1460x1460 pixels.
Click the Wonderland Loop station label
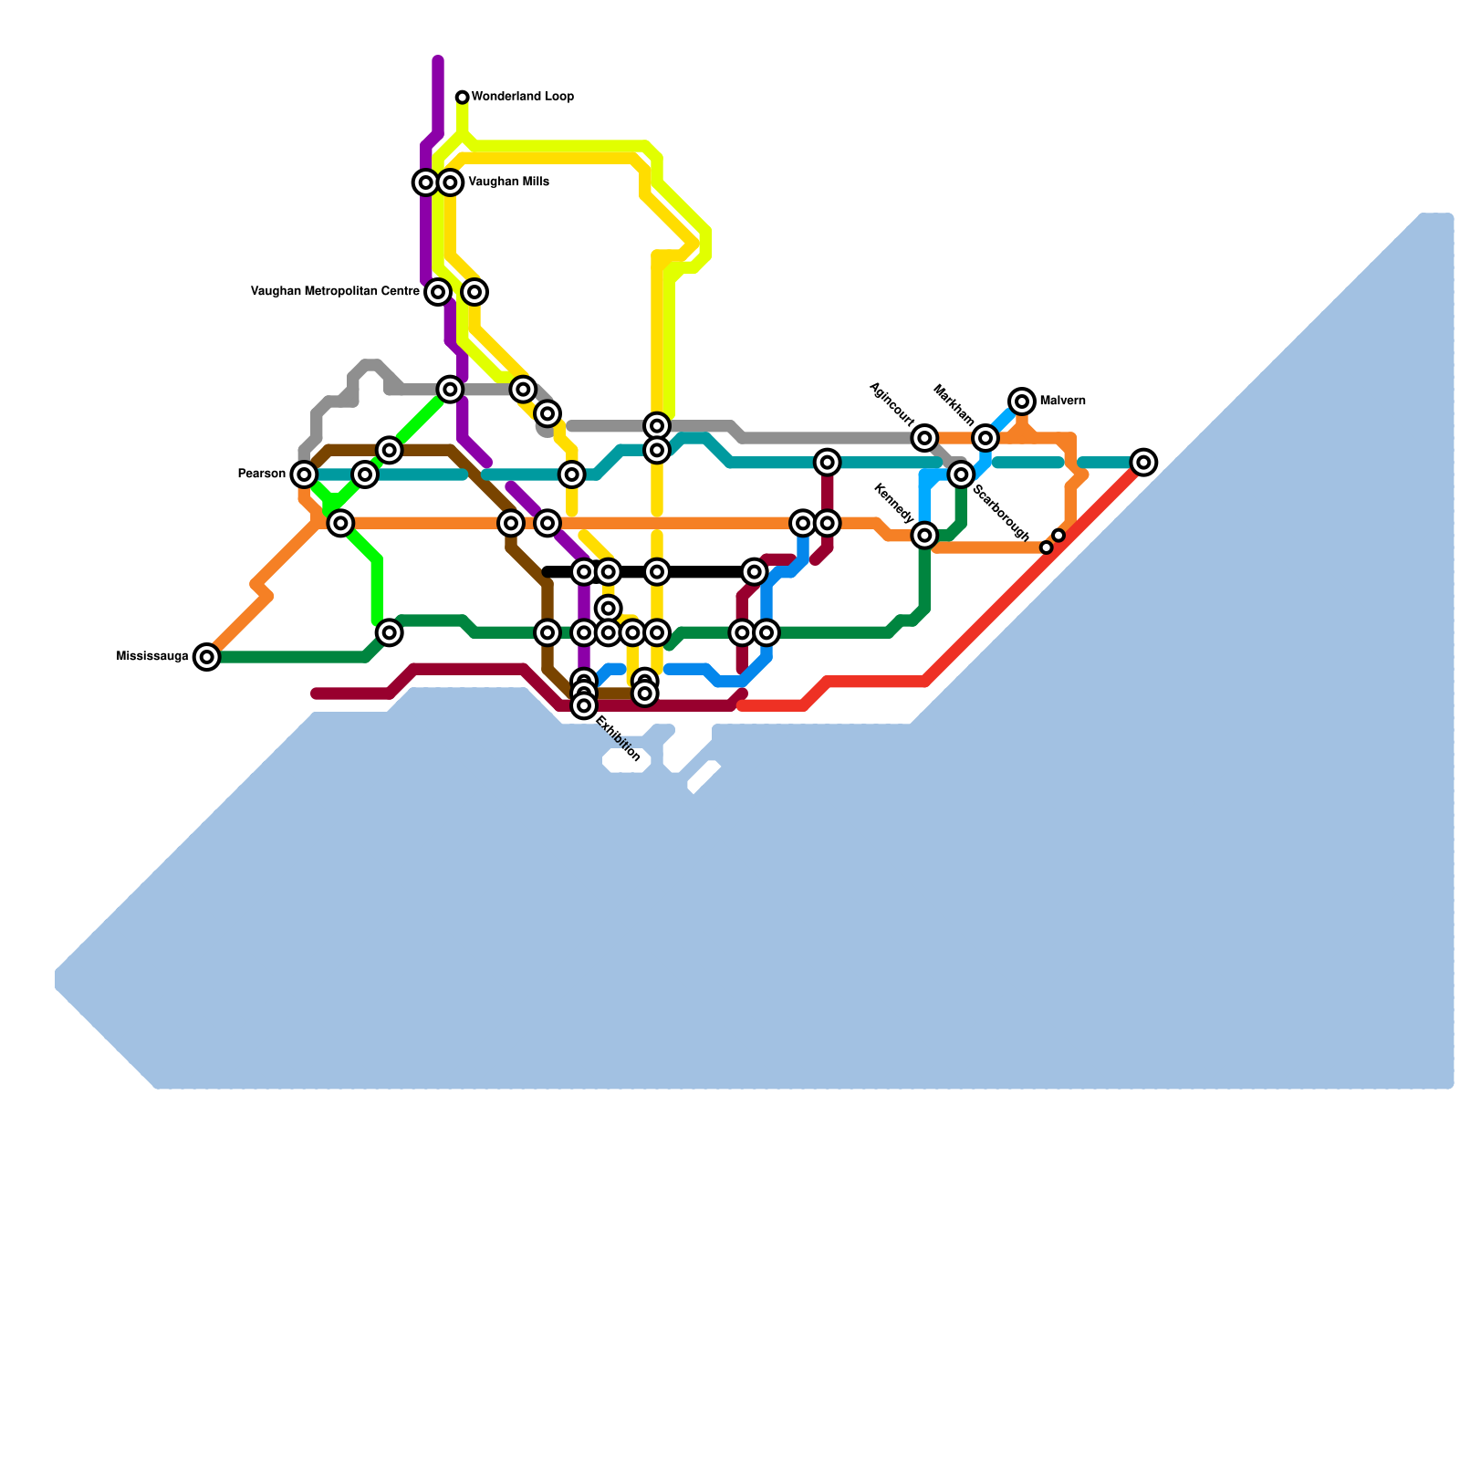[522, 97]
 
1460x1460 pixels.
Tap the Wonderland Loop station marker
[463, 98]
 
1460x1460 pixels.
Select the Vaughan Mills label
[508, 182]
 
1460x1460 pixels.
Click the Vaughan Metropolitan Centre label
[335, 292]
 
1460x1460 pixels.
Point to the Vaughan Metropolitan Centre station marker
[438, 292]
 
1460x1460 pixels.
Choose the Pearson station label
[262, 474]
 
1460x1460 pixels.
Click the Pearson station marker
[304, 474]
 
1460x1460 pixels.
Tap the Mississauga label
[152, 657]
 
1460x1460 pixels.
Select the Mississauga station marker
[208, 657]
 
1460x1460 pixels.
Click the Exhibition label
[618, 739]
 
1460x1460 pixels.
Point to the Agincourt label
[892, 404]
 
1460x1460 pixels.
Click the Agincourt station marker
[925, 438]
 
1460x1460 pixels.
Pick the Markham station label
[953, 405]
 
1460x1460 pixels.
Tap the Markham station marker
[985, 438]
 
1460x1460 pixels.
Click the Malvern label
[1062, 401]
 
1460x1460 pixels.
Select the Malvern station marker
[1023, 401]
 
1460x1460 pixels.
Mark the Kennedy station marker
[925, 536]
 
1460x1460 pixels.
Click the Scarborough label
[1001, 514]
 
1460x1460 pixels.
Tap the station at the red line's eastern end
[1144, 463]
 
